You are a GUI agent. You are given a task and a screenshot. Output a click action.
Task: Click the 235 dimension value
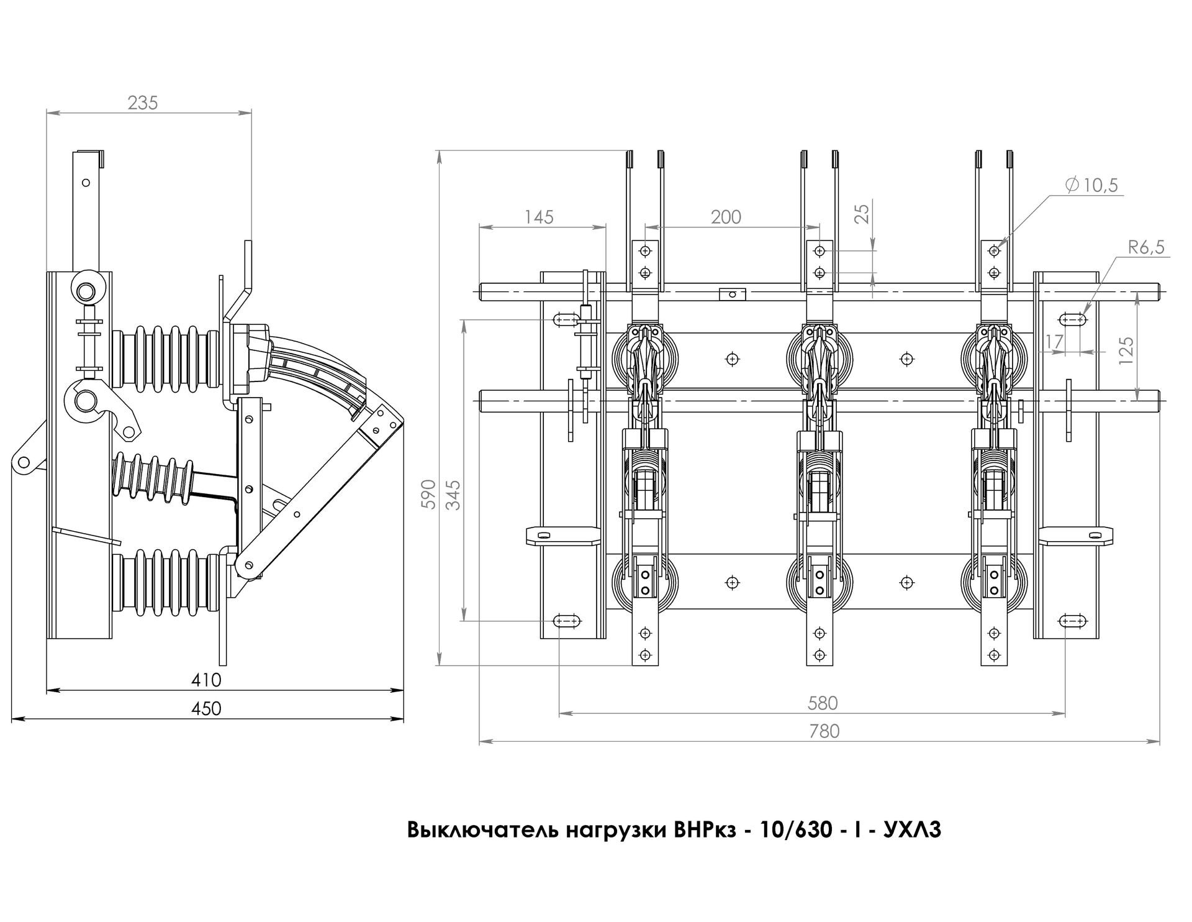143,103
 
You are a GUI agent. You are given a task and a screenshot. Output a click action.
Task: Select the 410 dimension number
207,680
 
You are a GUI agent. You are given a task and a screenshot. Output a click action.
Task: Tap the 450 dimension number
207,708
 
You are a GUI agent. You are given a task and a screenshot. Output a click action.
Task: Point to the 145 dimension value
538,217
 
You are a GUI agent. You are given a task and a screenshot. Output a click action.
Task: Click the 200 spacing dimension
726,217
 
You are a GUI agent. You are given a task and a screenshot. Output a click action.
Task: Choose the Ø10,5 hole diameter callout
1091,185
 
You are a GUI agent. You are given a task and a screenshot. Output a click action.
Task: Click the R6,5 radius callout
1146,248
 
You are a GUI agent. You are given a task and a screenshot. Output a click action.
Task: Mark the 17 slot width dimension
1054,341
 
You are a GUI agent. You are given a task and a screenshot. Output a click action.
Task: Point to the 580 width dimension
823,703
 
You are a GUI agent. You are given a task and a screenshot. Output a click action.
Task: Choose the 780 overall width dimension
825,731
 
